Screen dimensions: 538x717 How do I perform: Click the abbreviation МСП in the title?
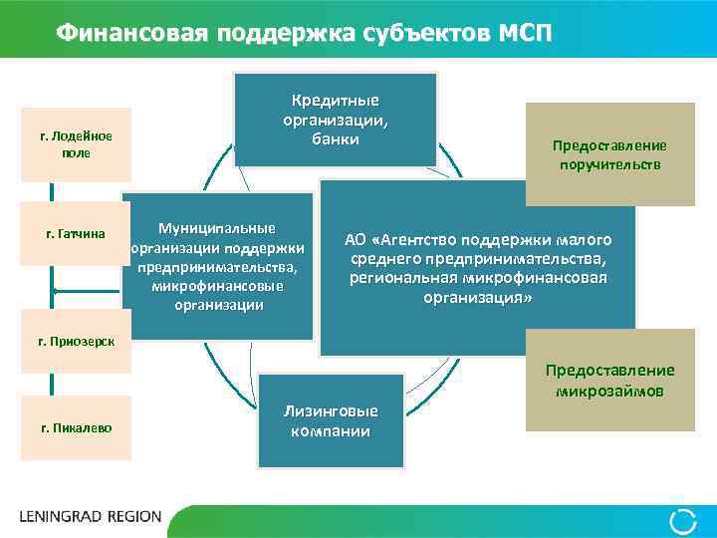click(521, 32)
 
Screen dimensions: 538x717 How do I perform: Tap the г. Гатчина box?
click(76, 235)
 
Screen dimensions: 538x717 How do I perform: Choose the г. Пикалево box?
click(76, 427)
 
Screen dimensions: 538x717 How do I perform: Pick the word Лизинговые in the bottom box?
click(331, 410)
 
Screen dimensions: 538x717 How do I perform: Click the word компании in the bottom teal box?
click(331, 430)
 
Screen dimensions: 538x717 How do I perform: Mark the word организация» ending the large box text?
click(477, 297)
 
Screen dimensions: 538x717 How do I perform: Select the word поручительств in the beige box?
click(609, 164)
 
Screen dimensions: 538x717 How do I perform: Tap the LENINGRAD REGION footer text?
click(91, 517)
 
